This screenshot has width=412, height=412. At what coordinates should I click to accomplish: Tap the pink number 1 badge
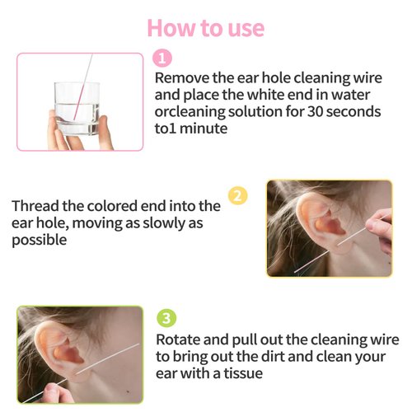pos(163,58)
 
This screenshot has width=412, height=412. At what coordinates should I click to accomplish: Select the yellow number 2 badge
pos(236,196)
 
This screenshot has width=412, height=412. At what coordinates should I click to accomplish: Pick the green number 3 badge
pos(166,319)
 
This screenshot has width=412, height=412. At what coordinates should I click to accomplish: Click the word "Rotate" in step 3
pos(180,339)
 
